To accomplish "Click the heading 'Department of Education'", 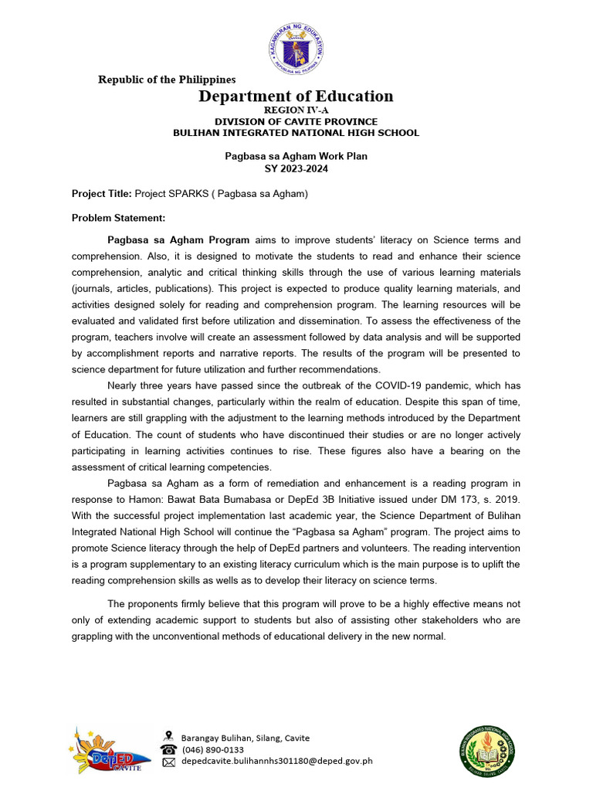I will click(x=296, y=97).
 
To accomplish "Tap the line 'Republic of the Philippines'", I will click(x=167, y=80).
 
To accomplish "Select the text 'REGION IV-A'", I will click(x=296, y=111).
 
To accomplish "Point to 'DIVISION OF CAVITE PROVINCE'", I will click(x=296, y=122).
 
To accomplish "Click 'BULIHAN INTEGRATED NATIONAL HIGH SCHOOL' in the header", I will click(x=296, y=133).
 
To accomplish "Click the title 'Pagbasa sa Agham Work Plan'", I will click(x=296, y=156).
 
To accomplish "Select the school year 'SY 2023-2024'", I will click(x=296, y=168).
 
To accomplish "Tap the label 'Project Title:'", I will click(x=102, y=194).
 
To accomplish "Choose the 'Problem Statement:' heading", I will click(x=118, y=218).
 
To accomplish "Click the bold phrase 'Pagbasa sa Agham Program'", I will click(x=178, y=240).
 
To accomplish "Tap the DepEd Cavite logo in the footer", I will click(x=108, y=750).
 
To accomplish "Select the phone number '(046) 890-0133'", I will click(x=212, y=749).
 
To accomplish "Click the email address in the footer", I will click(x=276, y=761).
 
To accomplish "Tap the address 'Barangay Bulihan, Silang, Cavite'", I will click(x=245, y=738).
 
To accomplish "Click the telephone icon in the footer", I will click(x=168, y=749).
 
